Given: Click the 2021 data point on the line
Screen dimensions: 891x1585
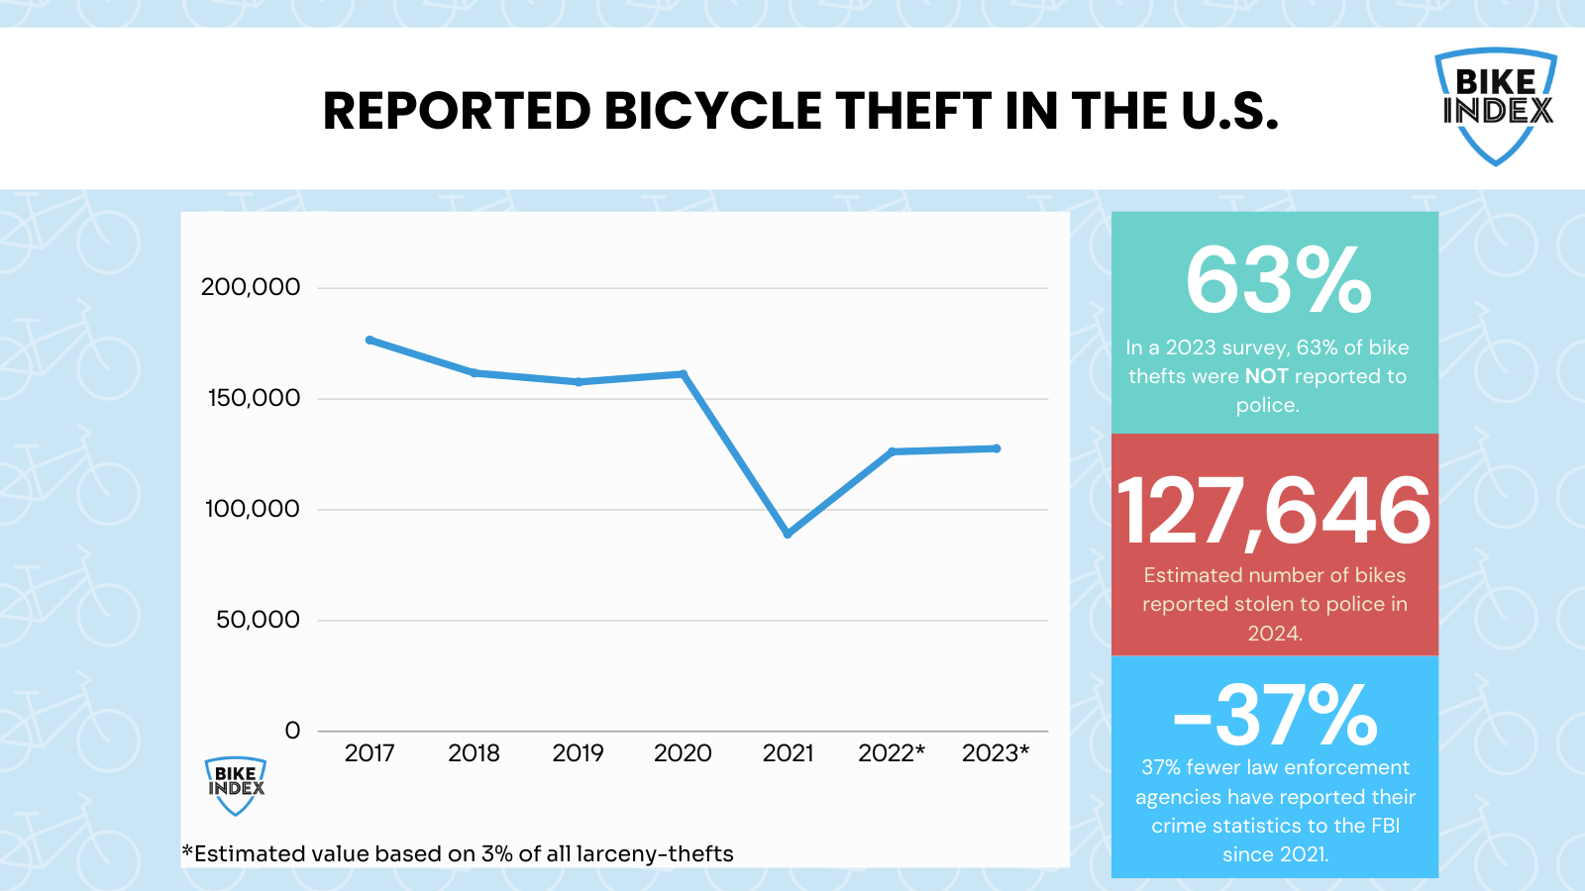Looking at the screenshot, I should point(788,534).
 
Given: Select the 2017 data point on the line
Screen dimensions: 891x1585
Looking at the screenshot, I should point(370,340).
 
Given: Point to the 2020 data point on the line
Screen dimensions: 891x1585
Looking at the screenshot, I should point(684,373).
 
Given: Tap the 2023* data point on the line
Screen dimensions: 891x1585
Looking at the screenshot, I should point(997,448).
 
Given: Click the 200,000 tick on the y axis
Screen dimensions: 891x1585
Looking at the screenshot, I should point(250,287).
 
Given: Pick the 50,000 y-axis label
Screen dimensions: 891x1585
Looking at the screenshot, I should point(258,620).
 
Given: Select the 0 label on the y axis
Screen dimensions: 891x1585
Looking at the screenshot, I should point(292,731).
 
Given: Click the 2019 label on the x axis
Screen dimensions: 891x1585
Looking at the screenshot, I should point(578,753).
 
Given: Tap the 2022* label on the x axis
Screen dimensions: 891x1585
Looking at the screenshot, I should point(891,753).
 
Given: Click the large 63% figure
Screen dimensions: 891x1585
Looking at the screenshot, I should point(1278,281).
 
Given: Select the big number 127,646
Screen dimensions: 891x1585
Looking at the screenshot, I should point(1274,512).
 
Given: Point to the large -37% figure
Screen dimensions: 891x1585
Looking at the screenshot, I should point(1276,716).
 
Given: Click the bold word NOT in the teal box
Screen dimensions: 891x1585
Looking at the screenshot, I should point(1266,376).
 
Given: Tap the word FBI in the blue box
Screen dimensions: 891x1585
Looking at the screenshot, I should point(1385,826).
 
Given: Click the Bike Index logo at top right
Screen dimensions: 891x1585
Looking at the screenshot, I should point(1496,105).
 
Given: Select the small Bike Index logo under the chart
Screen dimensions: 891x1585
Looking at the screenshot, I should point(236,785).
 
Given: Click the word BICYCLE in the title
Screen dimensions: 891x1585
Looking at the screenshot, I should point(712,111).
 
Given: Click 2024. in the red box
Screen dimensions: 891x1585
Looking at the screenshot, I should point(1274,634).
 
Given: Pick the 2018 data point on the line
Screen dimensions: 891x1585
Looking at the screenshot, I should point(475,372).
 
